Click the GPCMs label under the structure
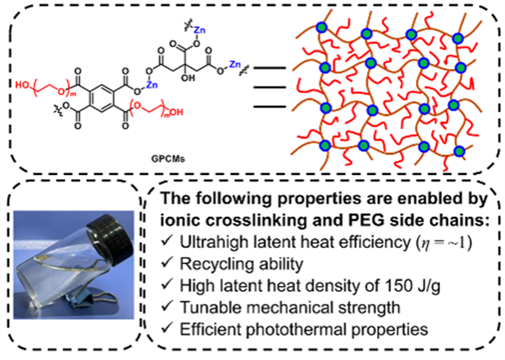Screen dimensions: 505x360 168,158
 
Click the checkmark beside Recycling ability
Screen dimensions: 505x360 167,262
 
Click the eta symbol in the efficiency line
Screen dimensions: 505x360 426,244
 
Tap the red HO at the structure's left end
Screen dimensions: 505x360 23,85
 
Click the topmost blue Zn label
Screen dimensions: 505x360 199,30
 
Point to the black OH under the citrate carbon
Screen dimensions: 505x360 189,77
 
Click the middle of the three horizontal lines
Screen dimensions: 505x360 269,87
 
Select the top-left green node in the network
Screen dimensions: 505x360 322,28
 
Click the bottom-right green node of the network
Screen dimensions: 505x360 459,151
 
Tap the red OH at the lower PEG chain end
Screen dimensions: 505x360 176,112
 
